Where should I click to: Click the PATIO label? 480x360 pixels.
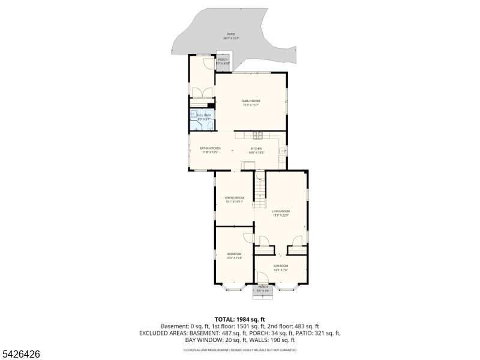pos(231,34)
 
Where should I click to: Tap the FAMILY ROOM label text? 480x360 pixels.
pos(251,101)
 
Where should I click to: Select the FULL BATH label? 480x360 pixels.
pos(204,115)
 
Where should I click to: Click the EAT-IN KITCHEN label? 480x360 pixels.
pos(210,148)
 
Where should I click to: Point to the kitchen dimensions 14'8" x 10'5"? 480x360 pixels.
pos(256,152)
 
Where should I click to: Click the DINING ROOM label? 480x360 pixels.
pos(235,197)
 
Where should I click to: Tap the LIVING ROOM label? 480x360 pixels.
pos(281,211)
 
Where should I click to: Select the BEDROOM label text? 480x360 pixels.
pos(234,254)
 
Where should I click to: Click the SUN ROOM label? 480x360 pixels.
pos(281,266)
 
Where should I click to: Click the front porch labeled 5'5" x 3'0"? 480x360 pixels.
pos(263,289)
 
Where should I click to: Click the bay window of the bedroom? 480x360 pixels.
pos(234,287)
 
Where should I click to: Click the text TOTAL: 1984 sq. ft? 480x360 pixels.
pos(239,319)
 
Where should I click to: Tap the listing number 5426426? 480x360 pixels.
pos(21,355)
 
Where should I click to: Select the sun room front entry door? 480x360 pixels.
pos(262,277)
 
